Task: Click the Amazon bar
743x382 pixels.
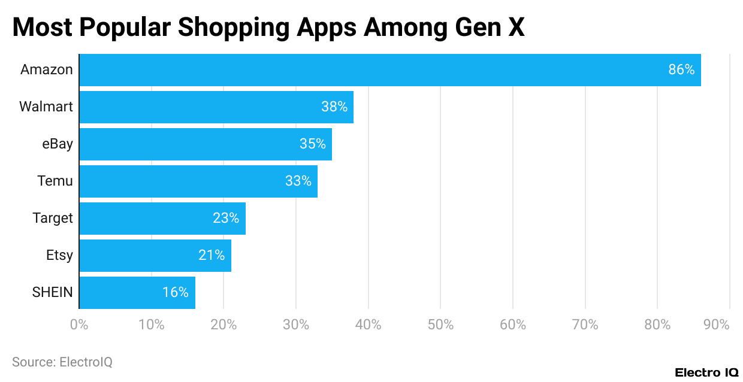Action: point(389,70)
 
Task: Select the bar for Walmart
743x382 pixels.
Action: point(216,107)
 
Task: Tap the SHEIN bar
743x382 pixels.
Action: point(137,293)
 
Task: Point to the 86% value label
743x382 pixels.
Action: point(681,70)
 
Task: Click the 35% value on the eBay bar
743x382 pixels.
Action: point(312,144)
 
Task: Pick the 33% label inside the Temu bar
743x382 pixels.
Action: point(298,181)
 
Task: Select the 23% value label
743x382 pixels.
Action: point(225,219)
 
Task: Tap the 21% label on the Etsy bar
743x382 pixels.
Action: point(212,256)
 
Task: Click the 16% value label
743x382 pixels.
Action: point(175,293)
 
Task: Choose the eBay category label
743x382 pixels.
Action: point(57,144)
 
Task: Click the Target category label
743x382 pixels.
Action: point(53,219)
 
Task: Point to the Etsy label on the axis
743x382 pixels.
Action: point(59,256)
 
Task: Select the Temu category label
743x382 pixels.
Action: point(55,181)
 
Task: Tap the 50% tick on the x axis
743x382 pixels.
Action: point(440,325)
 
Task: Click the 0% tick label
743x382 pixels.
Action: point(79,325)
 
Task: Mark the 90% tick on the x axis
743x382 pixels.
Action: point(717,325)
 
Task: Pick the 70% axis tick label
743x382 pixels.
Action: point(585,325)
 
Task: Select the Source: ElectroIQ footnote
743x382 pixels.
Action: point(62,362)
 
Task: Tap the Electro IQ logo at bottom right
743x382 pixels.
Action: point(706,372)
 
